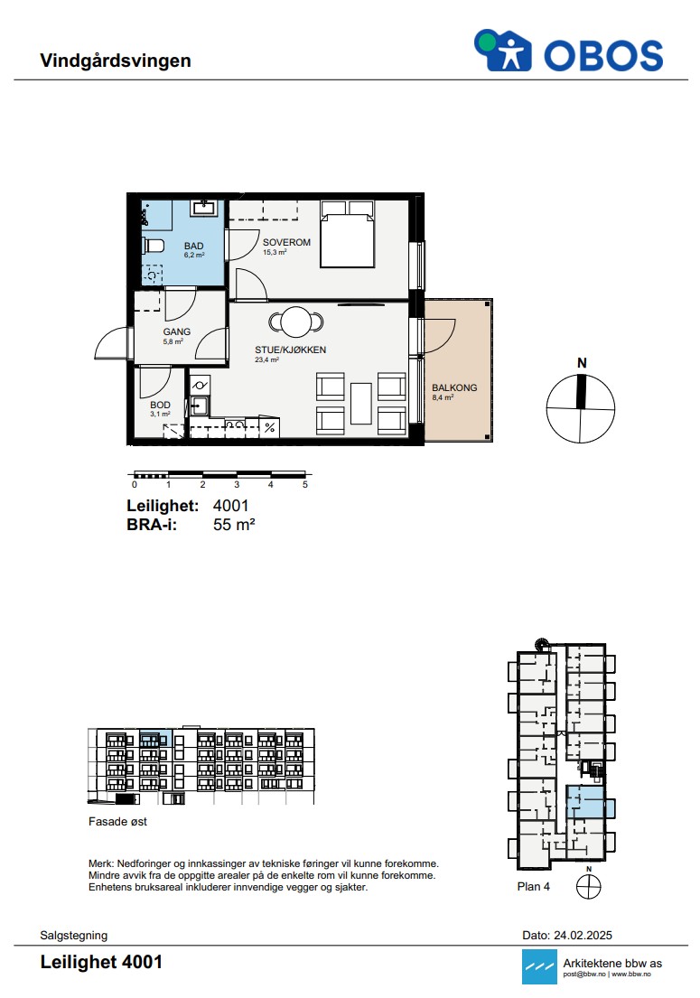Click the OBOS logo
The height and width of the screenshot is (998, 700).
pos(568,51)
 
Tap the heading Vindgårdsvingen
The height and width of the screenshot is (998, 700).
pos(116,61)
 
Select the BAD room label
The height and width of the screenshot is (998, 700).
pos(193,246)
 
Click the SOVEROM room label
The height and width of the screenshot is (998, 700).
pos(286,242)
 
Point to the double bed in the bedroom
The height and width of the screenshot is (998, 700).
pos(347,234)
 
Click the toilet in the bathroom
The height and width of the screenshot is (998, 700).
pos(154,245)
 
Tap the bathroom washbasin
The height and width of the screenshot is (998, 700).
pos(204,208)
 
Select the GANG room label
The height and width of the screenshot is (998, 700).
pos(176,331)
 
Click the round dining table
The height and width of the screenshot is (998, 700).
pos(296,322)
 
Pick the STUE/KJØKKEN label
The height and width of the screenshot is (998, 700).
pos(290,350)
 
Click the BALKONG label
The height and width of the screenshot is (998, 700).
pos(454,387)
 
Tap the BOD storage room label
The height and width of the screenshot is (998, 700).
pos(160,405)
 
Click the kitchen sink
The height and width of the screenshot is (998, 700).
pos(200,406)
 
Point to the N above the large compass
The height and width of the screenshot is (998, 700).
pos(582,363)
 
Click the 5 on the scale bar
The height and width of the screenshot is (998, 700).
pos(304,484)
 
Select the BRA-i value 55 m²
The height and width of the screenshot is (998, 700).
pos(234,525)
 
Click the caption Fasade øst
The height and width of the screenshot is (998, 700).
pos(117,822)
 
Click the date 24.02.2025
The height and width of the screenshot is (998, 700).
pos(583,935)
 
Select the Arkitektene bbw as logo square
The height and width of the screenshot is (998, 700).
pos(539,966)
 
